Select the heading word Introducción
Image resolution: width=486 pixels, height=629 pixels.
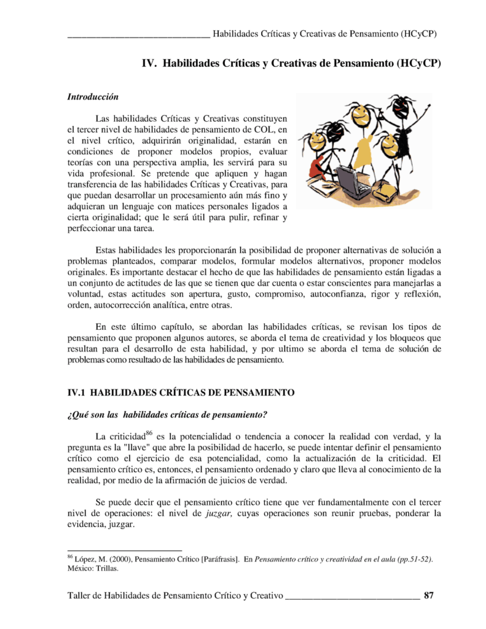(x=92, y=97)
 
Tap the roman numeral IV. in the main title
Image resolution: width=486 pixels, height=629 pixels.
(x=151, y=63)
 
